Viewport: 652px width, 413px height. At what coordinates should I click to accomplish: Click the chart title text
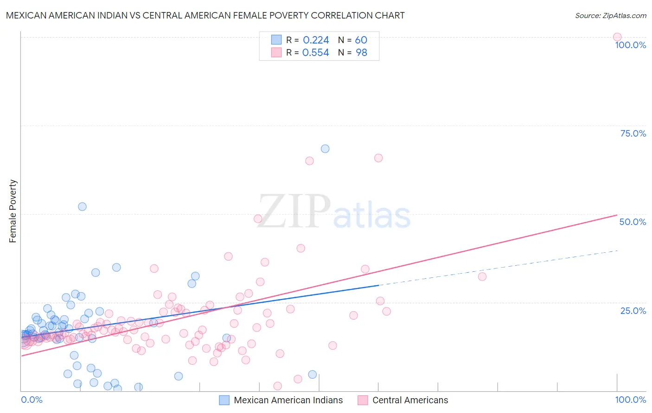[x=205, y=15]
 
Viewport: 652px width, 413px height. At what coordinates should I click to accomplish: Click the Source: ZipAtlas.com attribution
[x=610, y=15]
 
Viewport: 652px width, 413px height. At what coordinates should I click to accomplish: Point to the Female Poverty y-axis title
[x=13, y=211]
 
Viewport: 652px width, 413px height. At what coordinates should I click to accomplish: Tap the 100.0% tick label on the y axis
[x=630, y=45]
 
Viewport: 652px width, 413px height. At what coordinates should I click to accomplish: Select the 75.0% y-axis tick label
[x=633, y=133]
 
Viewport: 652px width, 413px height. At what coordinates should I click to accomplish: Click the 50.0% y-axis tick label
[x=633, y=222]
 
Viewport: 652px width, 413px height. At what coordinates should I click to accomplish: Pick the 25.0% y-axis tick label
[x=633, y=311]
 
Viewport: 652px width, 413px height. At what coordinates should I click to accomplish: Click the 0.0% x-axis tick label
[x=32, y=400]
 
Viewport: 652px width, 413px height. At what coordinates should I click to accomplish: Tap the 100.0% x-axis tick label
[x=630, y=400]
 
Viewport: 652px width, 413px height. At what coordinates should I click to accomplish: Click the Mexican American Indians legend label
[x=288, y=400]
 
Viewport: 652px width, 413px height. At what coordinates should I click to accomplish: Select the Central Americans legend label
[x=410, y=400]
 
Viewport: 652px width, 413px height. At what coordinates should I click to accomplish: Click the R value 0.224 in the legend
[x=316, y=40]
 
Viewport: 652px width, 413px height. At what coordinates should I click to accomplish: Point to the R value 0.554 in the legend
[x=315, y=53]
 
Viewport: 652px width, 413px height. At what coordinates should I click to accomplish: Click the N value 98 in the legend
[x=361, y=53]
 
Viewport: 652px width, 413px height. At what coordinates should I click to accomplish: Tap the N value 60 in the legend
[x=361, y=40]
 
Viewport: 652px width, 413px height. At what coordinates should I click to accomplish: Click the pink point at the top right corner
[x=617, y=37]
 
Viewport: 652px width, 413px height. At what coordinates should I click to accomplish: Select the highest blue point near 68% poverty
[x=325, y=149]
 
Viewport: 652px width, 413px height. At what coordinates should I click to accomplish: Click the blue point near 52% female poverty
[x=82, y=206]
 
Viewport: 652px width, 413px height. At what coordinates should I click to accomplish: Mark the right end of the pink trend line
[x=617, y=215]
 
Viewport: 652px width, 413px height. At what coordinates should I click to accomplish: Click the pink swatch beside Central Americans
[x=363, y=400]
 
